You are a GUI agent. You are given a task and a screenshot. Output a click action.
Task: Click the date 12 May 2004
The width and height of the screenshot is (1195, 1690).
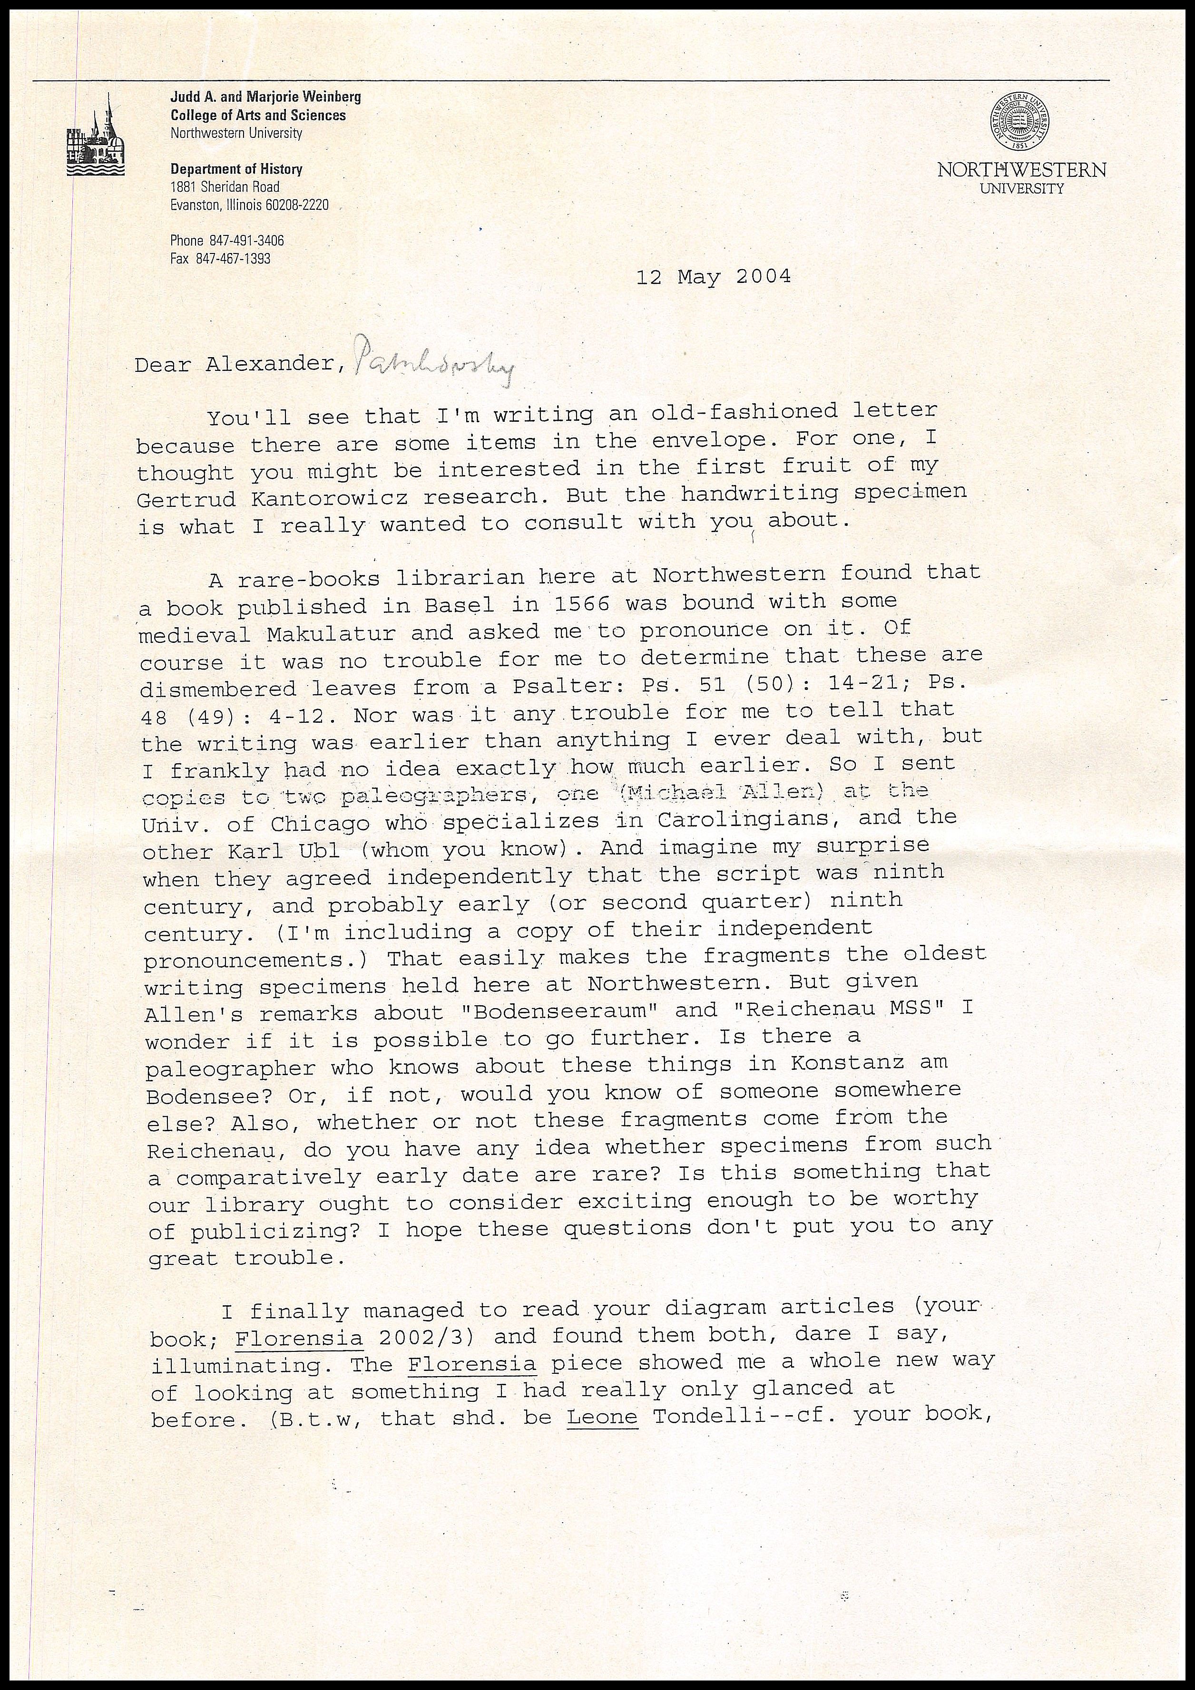[x=714, y=277]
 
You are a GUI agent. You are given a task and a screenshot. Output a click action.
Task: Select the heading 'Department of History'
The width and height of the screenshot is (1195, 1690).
[x=236, y=169]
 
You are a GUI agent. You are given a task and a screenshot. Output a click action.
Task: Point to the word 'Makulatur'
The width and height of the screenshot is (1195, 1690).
[x=331, y=633]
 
